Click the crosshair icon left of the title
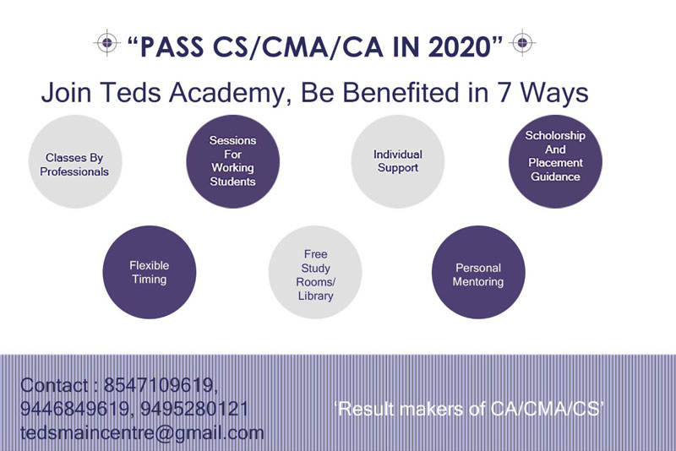point(107,42)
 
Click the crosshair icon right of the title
point(522,42)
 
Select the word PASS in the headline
point(172,47)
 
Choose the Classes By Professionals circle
point(75,161)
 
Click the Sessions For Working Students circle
point(233,161)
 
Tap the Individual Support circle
point(397,161)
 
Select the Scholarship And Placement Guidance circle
point(555,161)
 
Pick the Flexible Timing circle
point(150,272)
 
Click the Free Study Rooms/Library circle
point(315,272)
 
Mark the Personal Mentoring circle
point(478,272)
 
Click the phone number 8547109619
point(158,385)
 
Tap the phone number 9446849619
point(74,409)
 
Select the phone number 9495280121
point(194,409)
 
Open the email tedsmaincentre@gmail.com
point(142,433)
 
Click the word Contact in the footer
point(54,385)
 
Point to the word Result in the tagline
point(367,409)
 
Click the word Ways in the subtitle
point(554,93)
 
